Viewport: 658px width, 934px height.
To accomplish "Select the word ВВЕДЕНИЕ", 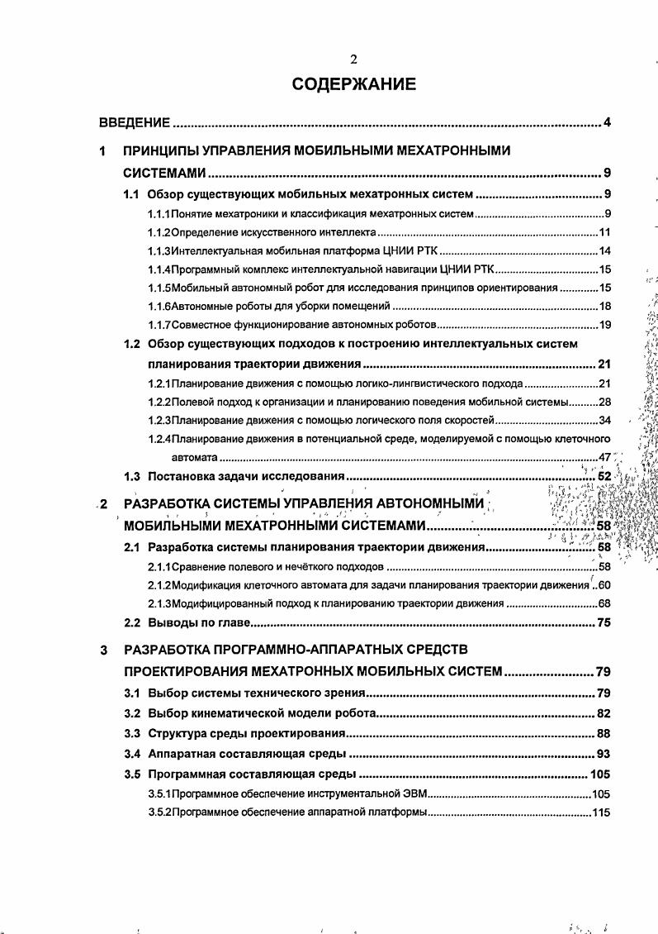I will point(135,123).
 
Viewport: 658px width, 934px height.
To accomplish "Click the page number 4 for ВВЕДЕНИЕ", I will point(606,123).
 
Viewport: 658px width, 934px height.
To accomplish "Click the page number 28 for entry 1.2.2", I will point(604,403).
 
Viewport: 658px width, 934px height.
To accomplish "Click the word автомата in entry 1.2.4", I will point(194,457).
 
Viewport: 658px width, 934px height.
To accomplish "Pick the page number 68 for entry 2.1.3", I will point(604,603).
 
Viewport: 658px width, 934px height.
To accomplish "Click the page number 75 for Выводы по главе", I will point(604,622).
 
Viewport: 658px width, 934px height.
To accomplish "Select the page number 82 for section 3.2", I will point(604,712).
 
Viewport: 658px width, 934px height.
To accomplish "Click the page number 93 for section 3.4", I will point(604,754).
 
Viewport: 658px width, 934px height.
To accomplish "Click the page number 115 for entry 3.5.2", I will point(600,812).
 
